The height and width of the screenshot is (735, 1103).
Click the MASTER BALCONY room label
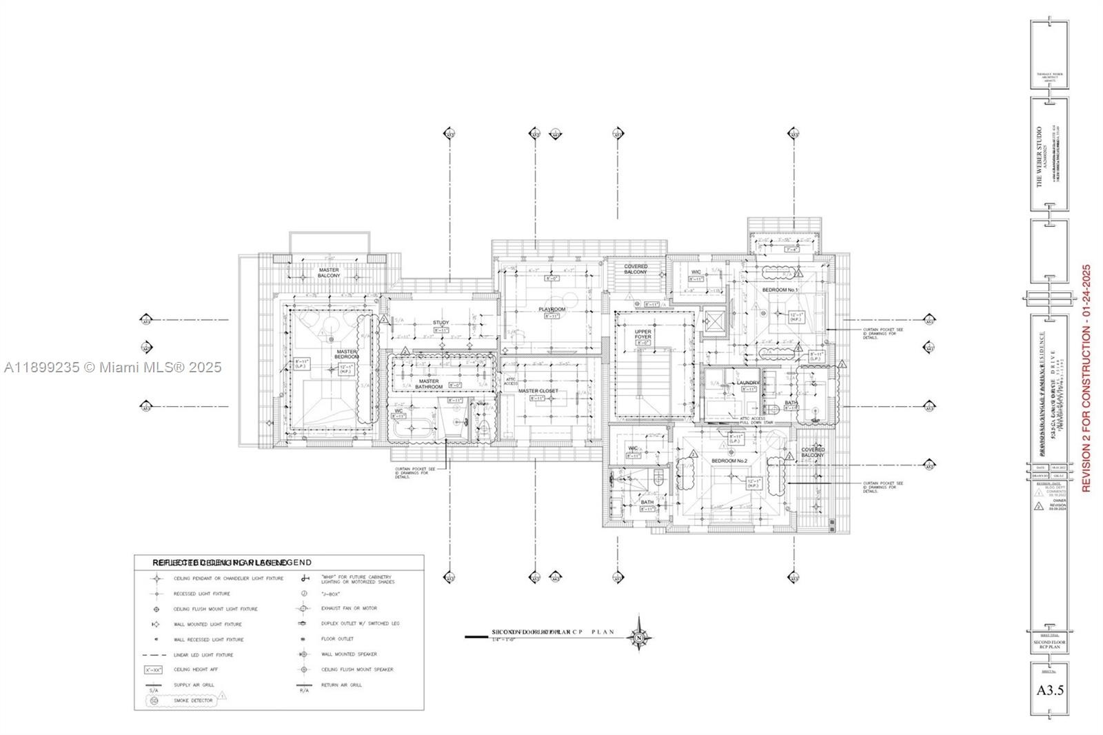point(329,272)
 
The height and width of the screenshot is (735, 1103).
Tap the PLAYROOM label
point(551,310)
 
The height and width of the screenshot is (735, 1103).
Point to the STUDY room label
point(441,323)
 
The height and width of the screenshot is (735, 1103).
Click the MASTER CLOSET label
point(538,391)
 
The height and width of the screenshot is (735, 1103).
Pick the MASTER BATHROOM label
point(428,384)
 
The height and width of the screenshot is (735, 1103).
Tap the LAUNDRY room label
point(747,383)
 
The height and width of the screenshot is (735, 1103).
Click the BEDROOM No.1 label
point(779,290)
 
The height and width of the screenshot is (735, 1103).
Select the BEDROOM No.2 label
point(729,461)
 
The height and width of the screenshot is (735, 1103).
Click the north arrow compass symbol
point(639,638)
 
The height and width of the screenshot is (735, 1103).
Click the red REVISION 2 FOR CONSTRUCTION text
point(1086,378)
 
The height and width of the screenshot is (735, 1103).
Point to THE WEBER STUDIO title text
point(1039,156)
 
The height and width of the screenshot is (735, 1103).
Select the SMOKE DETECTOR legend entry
point(193,701)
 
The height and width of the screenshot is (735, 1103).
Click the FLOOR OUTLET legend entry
point(337,639)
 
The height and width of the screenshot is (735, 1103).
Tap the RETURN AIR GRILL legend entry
point(341,685)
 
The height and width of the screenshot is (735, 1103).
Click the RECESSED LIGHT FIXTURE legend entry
point(201,594)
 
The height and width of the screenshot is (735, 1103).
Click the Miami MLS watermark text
point(112,367)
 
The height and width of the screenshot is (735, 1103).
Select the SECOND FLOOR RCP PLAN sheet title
point(1049,645)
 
